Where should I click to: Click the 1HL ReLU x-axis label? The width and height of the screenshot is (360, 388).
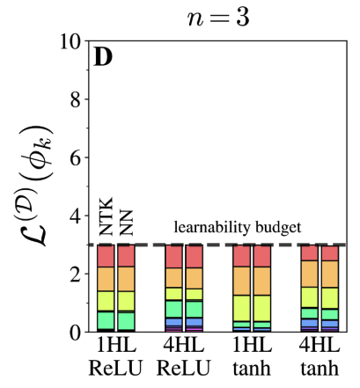(x=115, y=356)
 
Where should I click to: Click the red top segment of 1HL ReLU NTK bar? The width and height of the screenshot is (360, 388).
(x=106, y=256)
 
